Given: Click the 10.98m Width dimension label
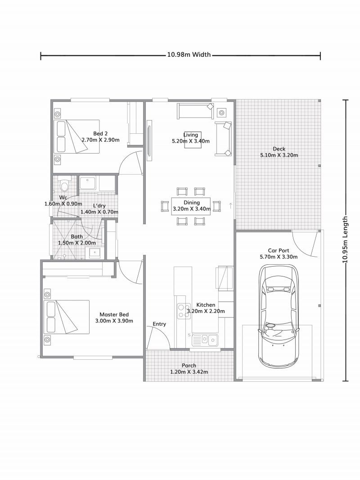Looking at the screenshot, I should tap(189, 55).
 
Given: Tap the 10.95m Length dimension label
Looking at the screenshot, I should tap(345, 240).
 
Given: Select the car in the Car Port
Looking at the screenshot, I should tap(278, 315).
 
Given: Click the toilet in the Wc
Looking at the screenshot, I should tap(64, 185).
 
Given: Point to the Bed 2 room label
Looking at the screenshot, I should tap(100, 133).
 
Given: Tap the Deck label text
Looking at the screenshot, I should tap(279, 149).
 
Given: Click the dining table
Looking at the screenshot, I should tap(191, 206).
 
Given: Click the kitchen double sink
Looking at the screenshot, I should tap(205, 339).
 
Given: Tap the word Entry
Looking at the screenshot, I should tap(159, 324).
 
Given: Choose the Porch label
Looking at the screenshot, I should tap(189, 366).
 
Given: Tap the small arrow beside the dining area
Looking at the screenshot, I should tap(230, 206).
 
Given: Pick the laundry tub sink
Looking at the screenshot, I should tap(88, 183).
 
